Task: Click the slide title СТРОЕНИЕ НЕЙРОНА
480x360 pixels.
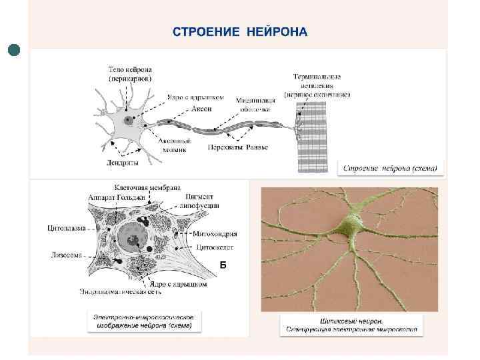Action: pos(240,32)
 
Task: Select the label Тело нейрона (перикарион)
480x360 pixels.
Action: pos(131,73)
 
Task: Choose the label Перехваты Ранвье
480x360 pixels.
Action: pos(237,147)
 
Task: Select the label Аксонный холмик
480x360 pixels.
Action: pos(175,145)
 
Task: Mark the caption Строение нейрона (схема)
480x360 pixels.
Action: pos(390,169)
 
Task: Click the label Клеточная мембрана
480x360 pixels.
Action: pos(147,187)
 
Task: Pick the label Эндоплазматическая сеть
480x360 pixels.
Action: pos(121,292)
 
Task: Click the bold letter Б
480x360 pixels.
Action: pos(223,265)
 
